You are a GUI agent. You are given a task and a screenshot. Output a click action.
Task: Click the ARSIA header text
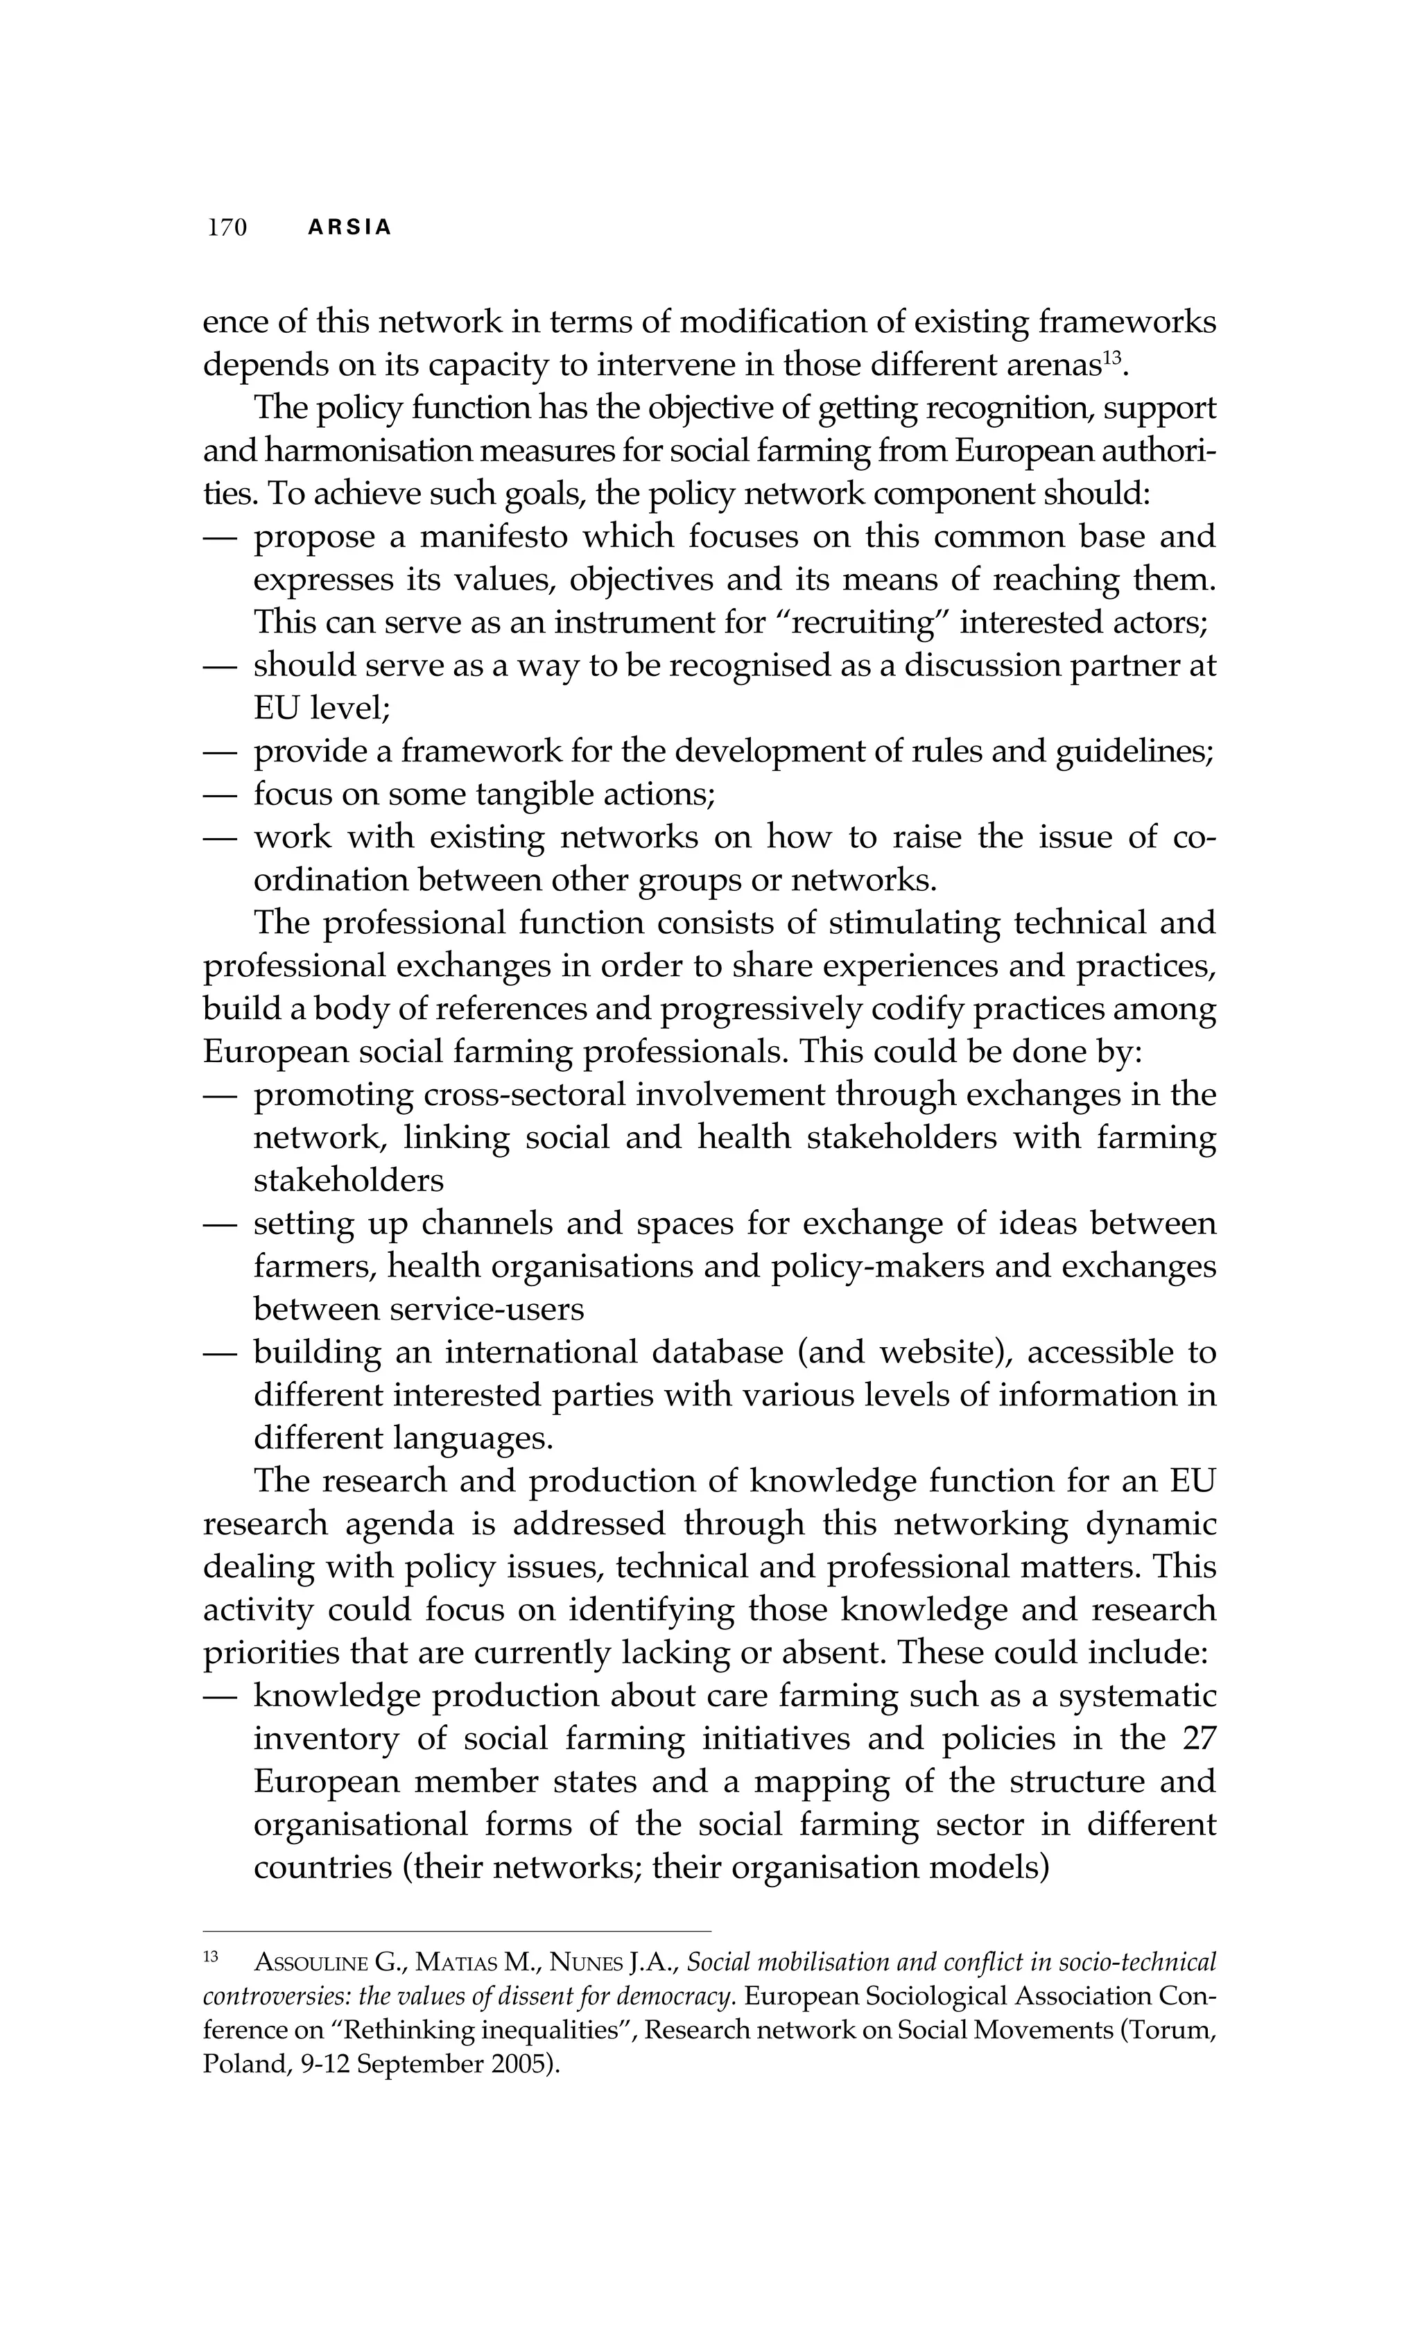click(x=349, y=228)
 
